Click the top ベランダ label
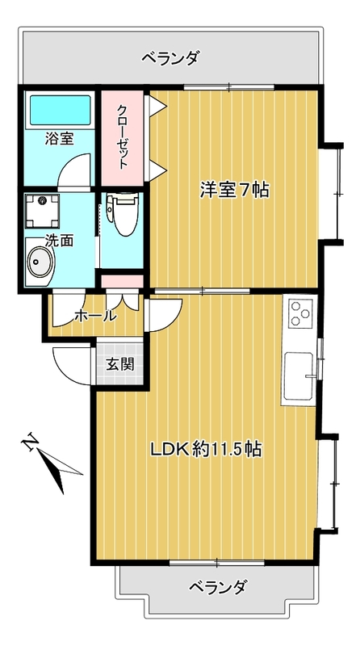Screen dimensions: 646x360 (170, 57)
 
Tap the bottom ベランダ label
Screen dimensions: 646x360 (218, 587)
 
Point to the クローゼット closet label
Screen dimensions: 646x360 (122, 136)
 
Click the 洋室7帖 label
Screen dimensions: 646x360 (234, 191)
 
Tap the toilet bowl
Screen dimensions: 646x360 (123, 215)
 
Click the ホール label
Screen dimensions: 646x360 (94, 316)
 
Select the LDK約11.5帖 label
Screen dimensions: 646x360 (207, 450)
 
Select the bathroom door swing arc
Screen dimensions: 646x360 (73, 172)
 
